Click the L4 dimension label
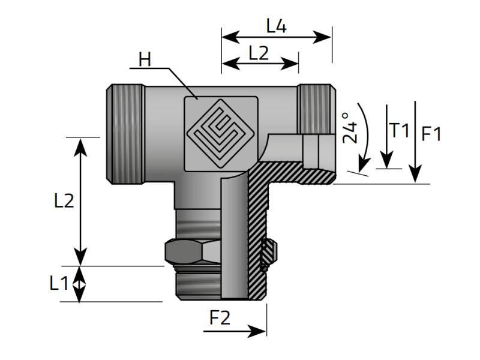pos(277,26)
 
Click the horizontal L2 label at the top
pos(259,53)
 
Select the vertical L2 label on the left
pos(64,201)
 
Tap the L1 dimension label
pos(59,283)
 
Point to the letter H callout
pos(145,59)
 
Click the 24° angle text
pos(350,128)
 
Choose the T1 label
pos(399,130)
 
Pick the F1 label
pos(431,134)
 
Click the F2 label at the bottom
pos(220,318)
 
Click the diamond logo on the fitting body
pos(221,134)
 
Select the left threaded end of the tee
pos(125,134)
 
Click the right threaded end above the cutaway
pos(317,109)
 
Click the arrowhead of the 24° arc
pos(364,166)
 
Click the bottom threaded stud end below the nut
pos(199,283)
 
